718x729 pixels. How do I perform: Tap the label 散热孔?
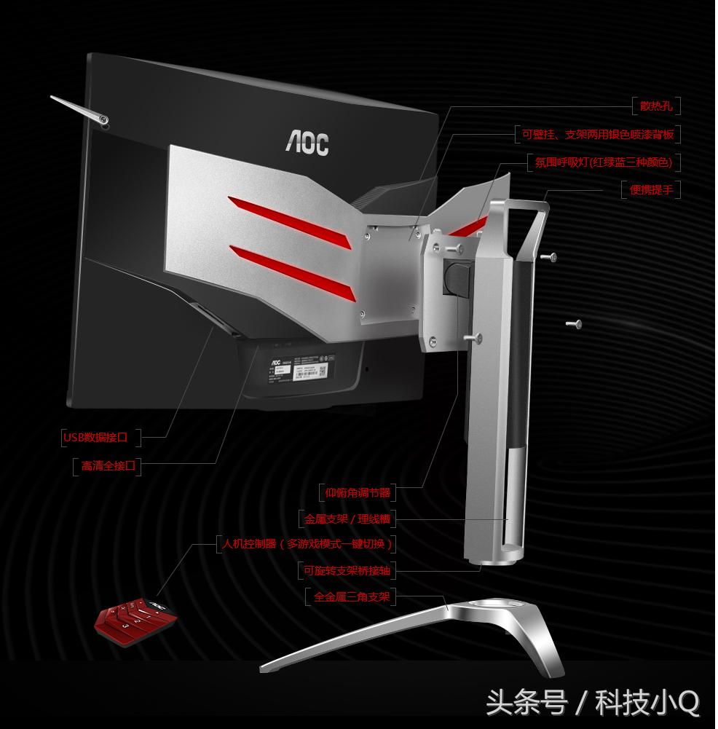(x=656, y=106)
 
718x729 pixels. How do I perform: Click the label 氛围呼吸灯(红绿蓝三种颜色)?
(x=603, y=162)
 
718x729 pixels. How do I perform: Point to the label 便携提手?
(x=651, y=189)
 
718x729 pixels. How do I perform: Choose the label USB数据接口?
(x=95, y=437)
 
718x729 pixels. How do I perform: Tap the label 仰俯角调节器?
(x=358, y=493)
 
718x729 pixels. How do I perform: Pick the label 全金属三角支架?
(x=352, y=598)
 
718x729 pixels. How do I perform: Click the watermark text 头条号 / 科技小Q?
(x=593, y=704)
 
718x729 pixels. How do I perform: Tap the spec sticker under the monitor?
(x=303, y=373)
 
